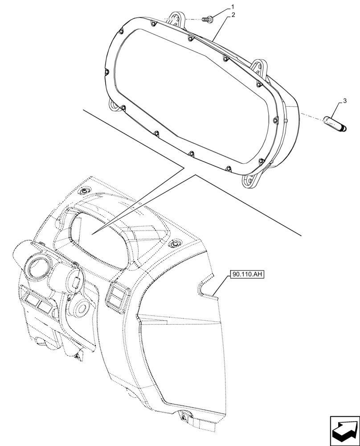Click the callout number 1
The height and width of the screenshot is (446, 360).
click(x=232, y=7)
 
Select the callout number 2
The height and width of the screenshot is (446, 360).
click(x=233, y=15)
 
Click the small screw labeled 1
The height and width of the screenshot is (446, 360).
click(x=208, y=19)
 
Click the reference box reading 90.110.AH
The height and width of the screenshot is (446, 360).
click(x=247, y=274)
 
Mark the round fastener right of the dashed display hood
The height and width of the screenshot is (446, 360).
click(x=175, y=244)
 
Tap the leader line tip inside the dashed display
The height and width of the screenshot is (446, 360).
click(x=92, y=234)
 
